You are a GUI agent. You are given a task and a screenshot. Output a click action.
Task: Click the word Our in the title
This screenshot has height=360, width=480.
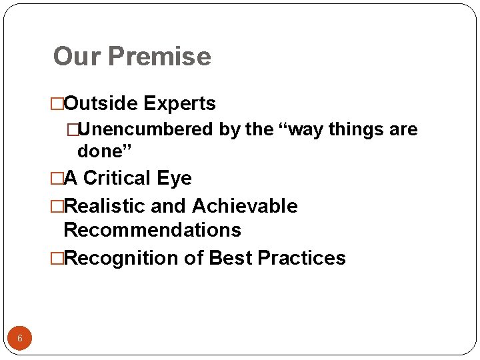pyautogui.click(x=76, y=57)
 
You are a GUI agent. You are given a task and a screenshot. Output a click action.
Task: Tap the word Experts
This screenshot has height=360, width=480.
pyautogui.click(x=180, y=104)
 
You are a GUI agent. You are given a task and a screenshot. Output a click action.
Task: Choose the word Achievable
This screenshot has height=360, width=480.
pyautogui.click(x=245, y=207)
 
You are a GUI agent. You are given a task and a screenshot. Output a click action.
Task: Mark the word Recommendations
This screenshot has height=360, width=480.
pyautogui.click(x=152, y=230)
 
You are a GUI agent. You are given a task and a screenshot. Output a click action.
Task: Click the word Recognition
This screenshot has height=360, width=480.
pyautogui.click(x=119, y=258)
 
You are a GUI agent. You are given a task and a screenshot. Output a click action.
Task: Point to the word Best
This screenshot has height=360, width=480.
pyautogui.click(x=231, y=258)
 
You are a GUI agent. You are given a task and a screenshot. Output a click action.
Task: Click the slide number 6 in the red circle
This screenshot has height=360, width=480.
pyautogui.click(x=20, y=339)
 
